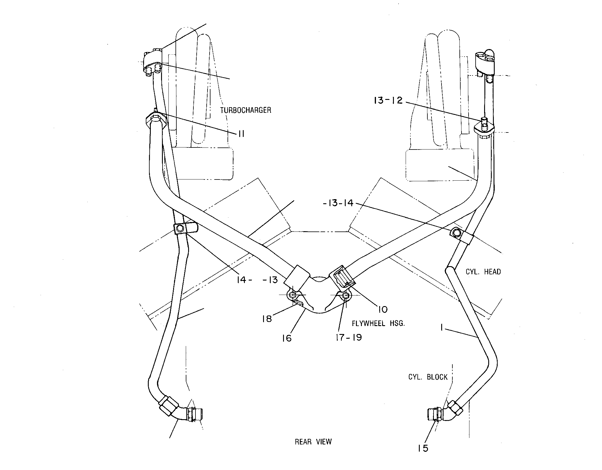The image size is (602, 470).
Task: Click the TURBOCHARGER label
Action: (x=245, y=110)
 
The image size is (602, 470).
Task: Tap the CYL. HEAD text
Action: (x=483, y=272)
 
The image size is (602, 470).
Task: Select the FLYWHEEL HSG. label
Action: (x=379, y=324)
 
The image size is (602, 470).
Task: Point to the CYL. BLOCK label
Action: (x=428, y=377)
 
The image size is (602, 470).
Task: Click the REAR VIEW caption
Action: (x=313, y=450)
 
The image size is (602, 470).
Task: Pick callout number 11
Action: (x=241, y=134)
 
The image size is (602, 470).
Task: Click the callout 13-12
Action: (x=388, y=100)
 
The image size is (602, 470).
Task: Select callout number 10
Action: (x=383, y=309)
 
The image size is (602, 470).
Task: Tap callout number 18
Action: (x=267, y=319)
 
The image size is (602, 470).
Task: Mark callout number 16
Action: (x=287, y=338)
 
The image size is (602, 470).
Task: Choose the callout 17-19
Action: (x=349, y=338)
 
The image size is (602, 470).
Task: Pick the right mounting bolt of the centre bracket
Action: (x=346, y=296)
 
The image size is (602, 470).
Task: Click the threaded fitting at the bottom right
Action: (x=433, y=414)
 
